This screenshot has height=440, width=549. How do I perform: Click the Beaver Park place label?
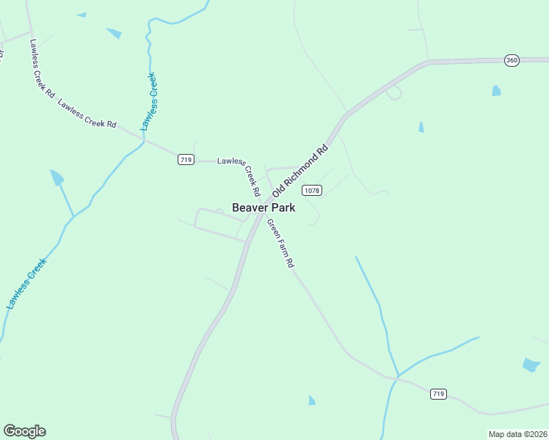click(x=263, y=208)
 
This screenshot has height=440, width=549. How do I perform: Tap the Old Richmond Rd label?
click(x=299, y=174)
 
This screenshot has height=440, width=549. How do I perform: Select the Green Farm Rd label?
click(x=280, y=243)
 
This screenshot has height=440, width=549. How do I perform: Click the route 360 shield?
click(x=512, y=60)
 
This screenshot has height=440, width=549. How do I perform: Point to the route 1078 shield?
click(x=311, y=190)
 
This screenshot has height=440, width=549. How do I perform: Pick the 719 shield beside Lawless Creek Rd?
click(x=186, y=160)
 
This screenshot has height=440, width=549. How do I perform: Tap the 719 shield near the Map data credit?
click(x=438, y=394)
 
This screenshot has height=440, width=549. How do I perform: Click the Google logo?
click(x=24, y=431)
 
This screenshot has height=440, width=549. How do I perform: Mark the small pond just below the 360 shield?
click(x=497, y=91)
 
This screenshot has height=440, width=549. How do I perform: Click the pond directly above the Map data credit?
click(x=531, y=364)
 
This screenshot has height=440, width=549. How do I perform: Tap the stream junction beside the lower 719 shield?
click(x=398, y=378)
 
